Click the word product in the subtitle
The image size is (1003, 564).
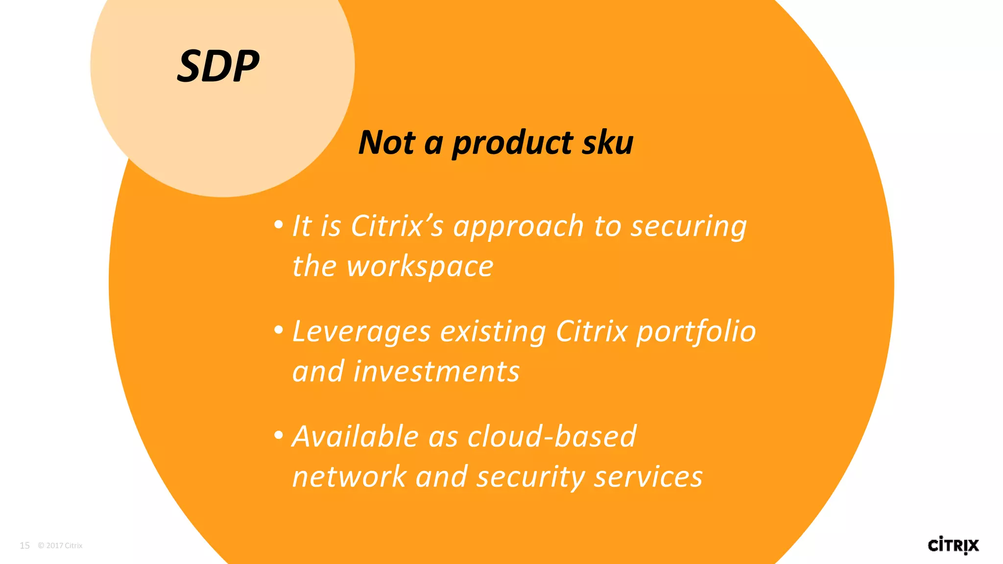(512, 143)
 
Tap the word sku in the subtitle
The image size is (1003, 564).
(608, 142)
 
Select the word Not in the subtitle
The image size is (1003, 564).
(386, 142)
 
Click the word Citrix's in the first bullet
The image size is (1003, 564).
(397, 226)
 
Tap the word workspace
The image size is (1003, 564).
(420, 267)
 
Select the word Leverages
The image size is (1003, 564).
(361, 332)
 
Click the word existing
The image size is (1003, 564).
(493, 332)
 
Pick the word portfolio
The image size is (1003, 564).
(696, 332)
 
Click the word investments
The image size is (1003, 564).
(436, 372)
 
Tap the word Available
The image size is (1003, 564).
(355, 436)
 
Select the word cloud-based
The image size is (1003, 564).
(552, 436)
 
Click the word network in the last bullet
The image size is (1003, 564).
(349, 477)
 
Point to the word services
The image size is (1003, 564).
(648, 477)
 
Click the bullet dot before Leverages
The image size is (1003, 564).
(279, 330)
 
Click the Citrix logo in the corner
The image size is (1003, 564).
(953, 545)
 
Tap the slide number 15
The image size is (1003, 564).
(24, 545)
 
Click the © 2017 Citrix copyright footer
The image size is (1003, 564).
(60, 545)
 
